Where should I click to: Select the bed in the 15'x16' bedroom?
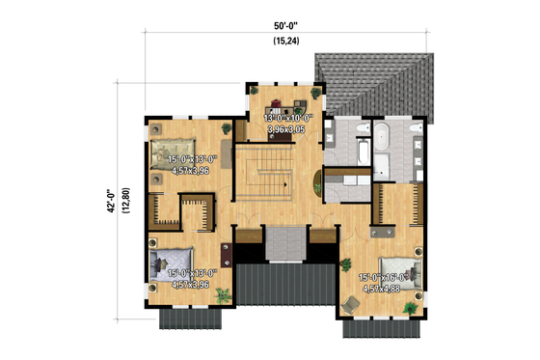tap(398, 269)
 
